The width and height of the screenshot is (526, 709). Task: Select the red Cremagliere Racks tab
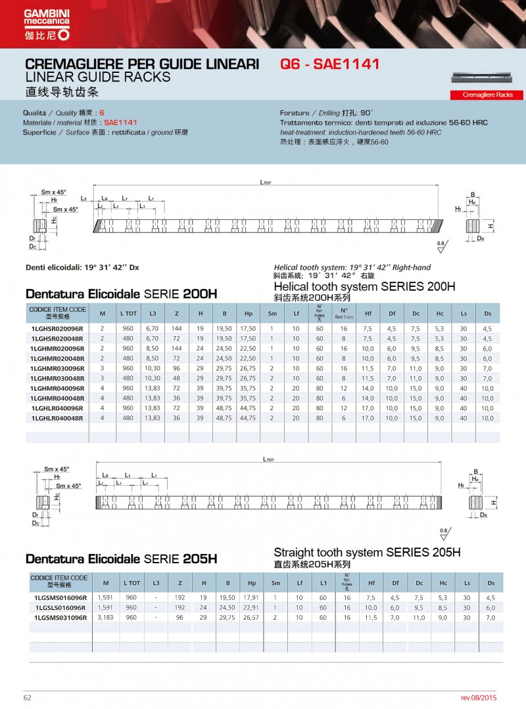(x=487, y=95)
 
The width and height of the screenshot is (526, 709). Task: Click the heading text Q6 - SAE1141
(x=329, y=65)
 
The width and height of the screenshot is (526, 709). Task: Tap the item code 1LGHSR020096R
(x=57, y=328)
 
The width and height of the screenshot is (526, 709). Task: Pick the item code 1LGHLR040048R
(x=57, y=418)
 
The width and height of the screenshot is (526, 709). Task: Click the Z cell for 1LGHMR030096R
(x=176, y=368)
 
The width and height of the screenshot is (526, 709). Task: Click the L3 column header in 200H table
(x=153, y=313)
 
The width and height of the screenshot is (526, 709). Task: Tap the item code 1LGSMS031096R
(x=60, y=618)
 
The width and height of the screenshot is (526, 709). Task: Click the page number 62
(x=28, y=697)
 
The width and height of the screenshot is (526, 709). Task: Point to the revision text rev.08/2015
(x=484, y=697)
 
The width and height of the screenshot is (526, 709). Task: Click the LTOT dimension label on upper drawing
(x=265, y=183)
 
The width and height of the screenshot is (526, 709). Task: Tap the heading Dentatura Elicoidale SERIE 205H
(x=121, y=559)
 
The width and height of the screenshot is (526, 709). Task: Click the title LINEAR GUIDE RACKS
(x=97, y=77)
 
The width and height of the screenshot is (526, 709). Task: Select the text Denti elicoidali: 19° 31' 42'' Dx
(x=82, y=267)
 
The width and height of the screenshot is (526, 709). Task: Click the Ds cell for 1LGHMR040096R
(x=487, y=388)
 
